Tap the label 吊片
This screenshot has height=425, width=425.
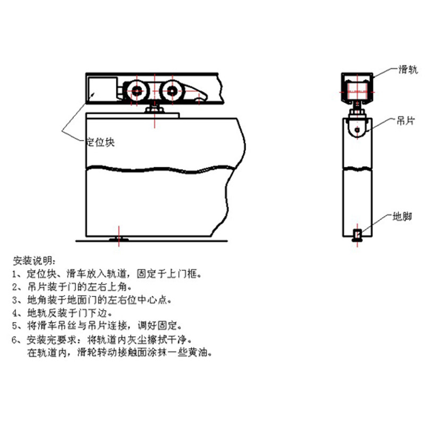pos(406,121)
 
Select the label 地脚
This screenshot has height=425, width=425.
pos(402,217)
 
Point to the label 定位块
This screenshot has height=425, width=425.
pos(100,142)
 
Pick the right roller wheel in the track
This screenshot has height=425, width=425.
pos(172,91)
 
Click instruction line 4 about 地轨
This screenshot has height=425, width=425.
pos(69,312)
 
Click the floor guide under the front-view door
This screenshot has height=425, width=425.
pos(119,240)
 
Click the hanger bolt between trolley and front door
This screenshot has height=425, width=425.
pos(155,109)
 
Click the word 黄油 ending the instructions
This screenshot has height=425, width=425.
pos(203,352)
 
